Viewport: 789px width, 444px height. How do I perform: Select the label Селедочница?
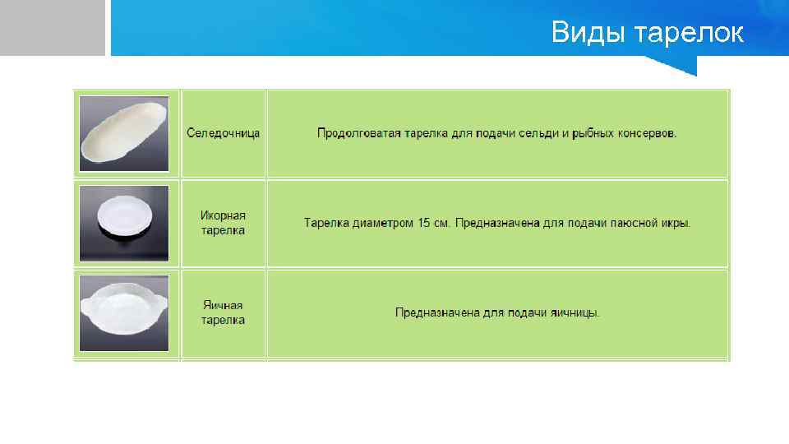click(x=224, y=133)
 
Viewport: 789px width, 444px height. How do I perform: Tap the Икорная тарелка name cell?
click(x=224, y=223)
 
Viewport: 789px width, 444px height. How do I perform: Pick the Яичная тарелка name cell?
click(x=224, y=312)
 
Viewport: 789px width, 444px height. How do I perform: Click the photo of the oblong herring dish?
click(x=124, y=133)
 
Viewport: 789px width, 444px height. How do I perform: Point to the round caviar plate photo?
click(x=124, y=223)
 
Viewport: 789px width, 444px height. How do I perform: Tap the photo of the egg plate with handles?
click(x=124, y=312)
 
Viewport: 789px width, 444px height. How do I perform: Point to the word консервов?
click(x=646, y=133)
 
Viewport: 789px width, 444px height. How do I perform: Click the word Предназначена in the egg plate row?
click(x=435, y=312)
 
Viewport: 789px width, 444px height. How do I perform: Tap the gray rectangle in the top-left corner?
click(x=53, y=27)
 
